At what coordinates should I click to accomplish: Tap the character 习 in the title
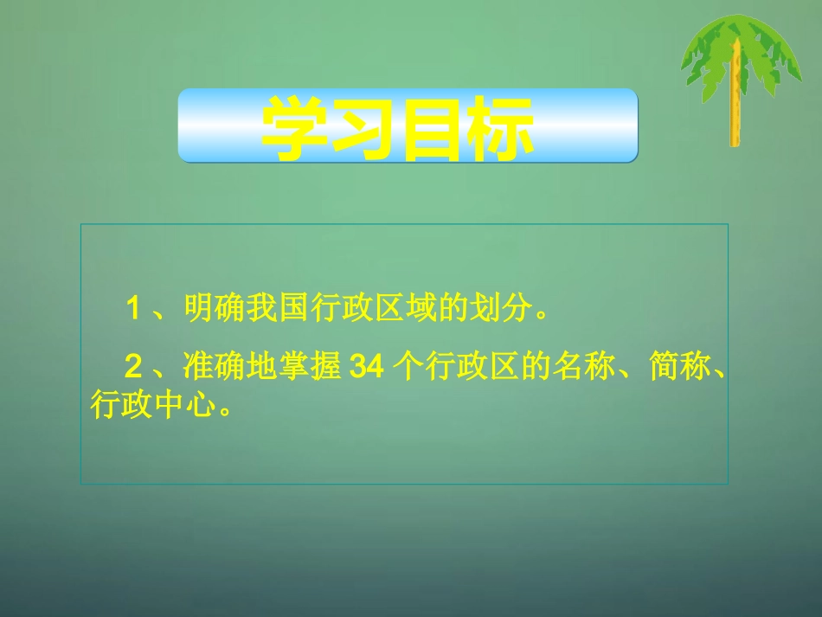pos(367,128)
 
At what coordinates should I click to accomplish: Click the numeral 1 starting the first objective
pos(133,306)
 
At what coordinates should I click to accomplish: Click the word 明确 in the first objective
pos(210,306)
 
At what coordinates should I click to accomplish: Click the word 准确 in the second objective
pos(210,368)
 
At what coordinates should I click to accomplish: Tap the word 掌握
pos(310,368)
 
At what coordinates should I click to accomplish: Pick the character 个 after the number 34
pos(404,368)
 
